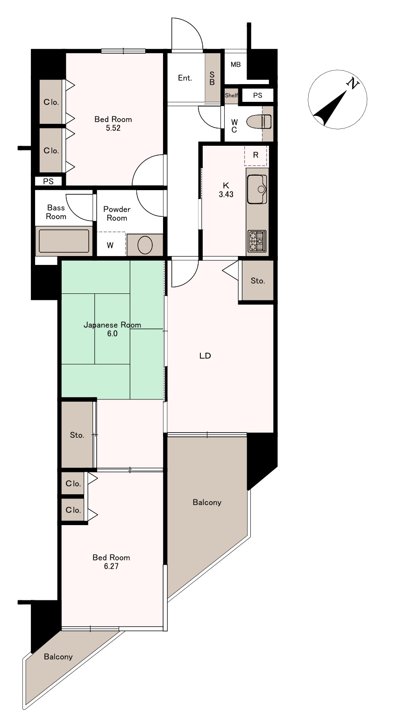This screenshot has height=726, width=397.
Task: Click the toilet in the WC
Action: click(259, 122)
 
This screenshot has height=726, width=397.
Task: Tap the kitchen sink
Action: click(257, 189)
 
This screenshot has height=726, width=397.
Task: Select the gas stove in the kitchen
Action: click(257, 241)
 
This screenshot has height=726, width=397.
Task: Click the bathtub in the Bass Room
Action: click(64, 241)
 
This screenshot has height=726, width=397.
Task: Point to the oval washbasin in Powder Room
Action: click(145, 245)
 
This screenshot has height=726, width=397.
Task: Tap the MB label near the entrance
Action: click(235, 64)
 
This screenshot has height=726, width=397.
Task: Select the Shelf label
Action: click(231, 95)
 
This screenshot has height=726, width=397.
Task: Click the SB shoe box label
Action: click(212, 78)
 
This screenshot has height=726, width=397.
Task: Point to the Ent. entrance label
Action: click(185, 78)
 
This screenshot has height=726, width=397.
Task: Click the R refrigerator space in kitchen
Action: click(255, 155)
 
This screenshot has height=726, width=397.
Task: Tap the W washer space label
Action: click(110, 245)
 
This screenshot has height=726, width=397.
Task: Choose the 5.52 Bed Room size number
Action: click(113, 128)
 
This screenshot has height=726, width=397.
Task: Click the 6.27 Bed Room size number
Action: click(111, 566)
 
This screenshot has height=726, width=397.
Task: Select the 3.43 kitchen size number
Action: click(226, 194)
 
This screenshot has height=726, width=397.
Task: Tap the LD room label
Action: click(205, 356)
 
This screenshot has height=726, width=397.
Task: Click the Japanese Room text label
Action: click(112, 325)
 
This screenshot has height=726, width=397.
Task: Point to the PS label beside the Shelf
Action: click(258, 95)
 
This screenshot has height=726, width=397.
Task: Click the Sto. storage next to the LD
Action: click(258, 281)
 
